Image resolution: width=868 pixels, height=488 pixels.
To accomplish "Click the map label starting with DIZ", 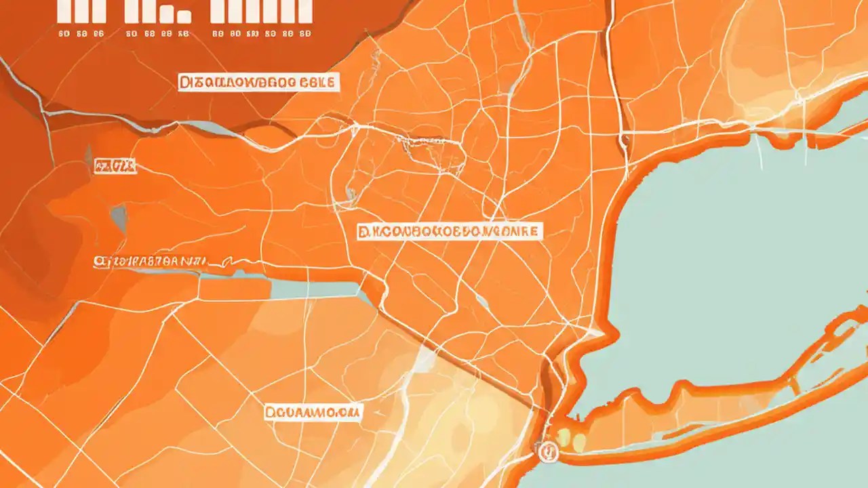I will click(258, 83).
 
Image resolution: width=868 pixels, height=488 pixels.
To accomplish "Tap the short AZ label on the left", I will click(115, 165).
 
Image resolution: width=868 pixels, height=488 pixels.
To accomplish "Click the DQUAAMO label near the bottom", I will click(313, 411).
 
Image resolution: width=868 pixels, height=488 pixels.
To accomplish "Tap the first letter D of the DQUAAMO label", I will click(271, 411).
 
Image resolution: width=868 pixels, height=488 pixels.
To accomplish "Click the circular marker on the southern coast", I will click(547, 450).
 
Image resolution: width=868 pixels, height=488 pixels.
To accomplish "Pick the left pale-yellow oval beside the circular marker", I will click(564, 437).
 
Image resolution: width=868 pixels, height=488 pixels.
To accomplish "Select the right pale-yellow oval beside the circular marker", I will click(579, 443).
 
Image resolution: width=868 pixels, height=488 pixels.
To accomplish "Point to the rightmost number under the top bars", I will click(306, 33).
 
